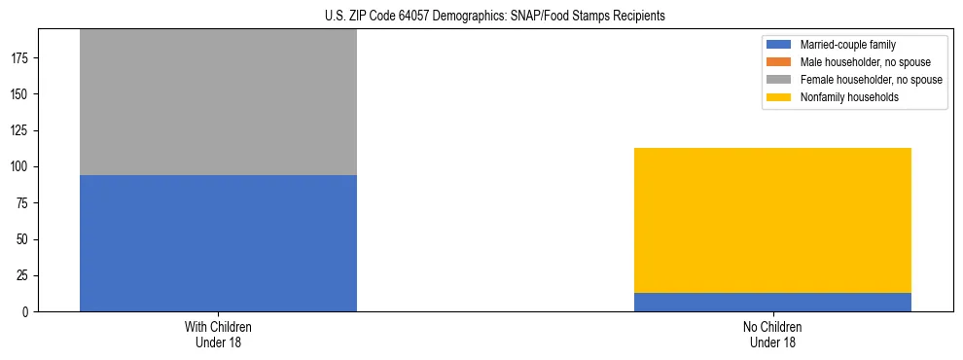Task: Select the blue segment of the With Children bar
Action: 218,243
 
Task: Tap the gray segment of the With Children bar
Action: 218,102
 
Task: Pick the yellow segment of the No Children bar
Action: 772,220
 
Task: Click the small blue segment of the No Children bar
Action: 772,302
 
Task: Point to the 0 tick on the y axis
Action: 26,311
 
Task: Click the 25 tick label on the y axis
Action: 23,275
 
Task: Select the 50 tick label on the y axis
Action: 23,239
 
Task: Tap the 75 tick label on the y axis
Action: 23,203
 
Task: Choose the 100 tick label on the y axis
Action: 20,166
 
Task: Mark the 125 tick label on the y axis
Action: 20,130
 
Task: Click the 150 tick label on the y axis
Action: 20,94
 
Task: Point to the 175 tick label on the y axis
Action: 20,58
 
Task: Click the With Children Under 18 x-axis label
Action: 218,334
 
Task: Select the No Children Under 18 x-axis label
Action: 772,334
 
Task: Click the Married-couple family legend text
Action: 848,45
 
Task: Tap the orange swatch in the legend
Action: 779,62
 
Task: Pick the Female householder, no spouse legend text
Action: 871,80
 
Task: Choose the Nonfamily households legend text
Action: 849,97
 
